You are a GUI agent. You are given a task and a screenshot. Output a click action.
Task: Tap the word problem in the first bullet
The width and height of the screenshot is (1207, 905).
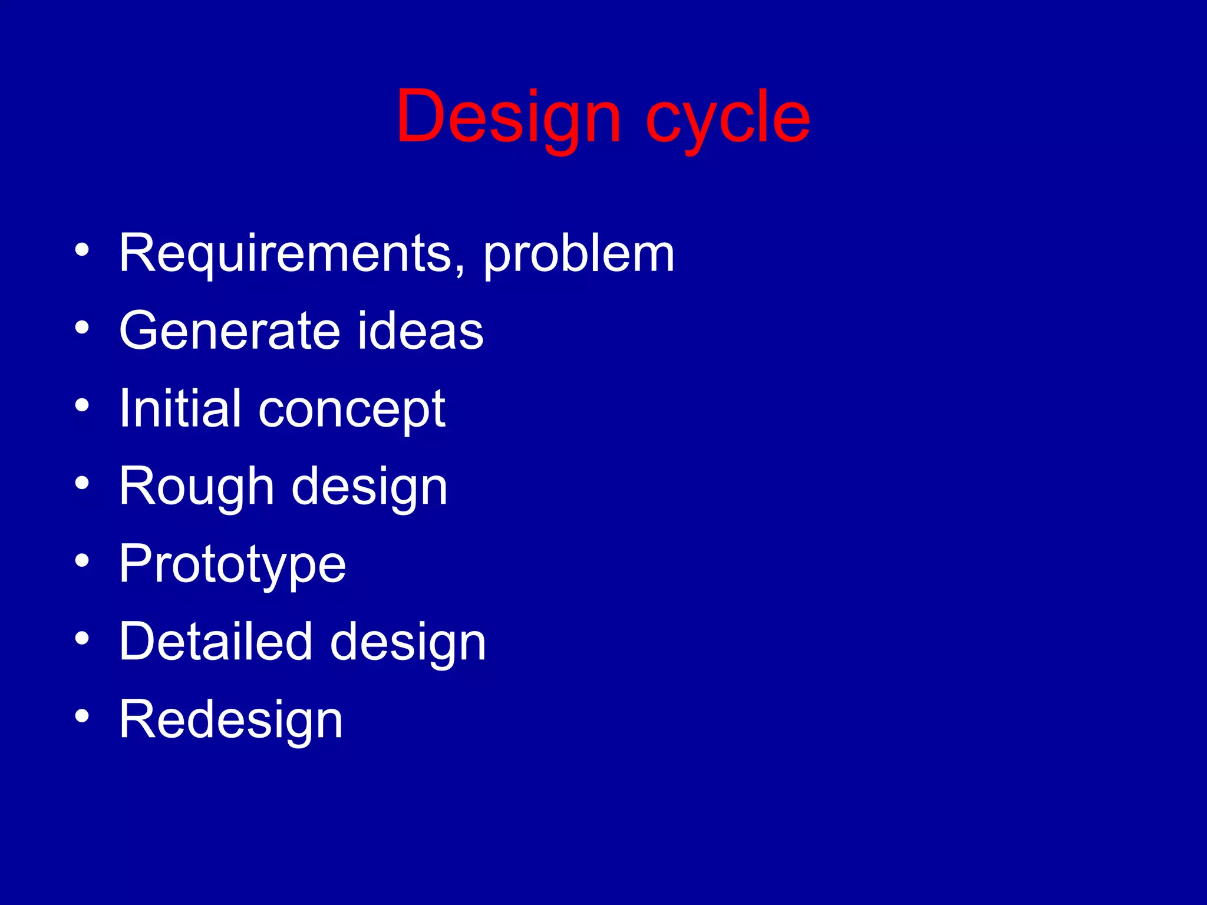[579, 255]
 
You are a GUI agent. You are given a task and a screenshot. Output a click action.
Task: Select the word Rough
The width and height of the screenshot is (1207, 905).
[196, 487]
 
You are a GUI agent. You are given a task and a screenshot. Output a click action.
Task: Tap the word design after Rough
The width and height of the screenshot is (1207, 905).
[370, 488]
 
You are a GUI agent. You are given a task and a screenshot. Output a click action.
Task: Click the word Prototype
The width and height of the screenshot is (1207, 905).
[232, 565]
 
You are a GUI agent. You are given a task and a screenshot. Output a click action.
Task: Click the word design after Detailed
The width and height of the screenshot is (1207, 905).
[408, 643]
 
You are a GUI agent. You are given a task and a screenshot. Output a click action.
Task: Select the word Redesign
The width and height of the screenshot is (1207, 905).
[230, 720]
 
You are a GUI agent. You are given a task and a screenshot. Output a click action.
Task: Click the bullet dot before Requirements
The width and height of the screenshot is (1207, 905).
[82, 250]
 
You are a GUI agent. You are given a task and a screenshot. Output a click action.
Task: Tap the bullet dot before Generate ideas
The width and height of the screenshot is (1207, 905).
[82, 328]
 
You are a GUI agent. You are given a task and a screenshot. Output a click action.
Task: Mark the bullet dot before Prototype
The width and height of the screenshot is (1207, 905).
[82, 562]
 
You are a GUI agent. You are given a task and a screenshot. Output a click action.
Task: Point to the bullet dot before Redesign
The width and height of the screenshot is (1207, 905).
[82, 716]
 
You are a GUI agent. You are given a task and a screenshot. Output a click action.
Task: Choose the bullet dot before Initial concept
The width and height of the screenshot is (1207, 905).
[82, 406]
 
